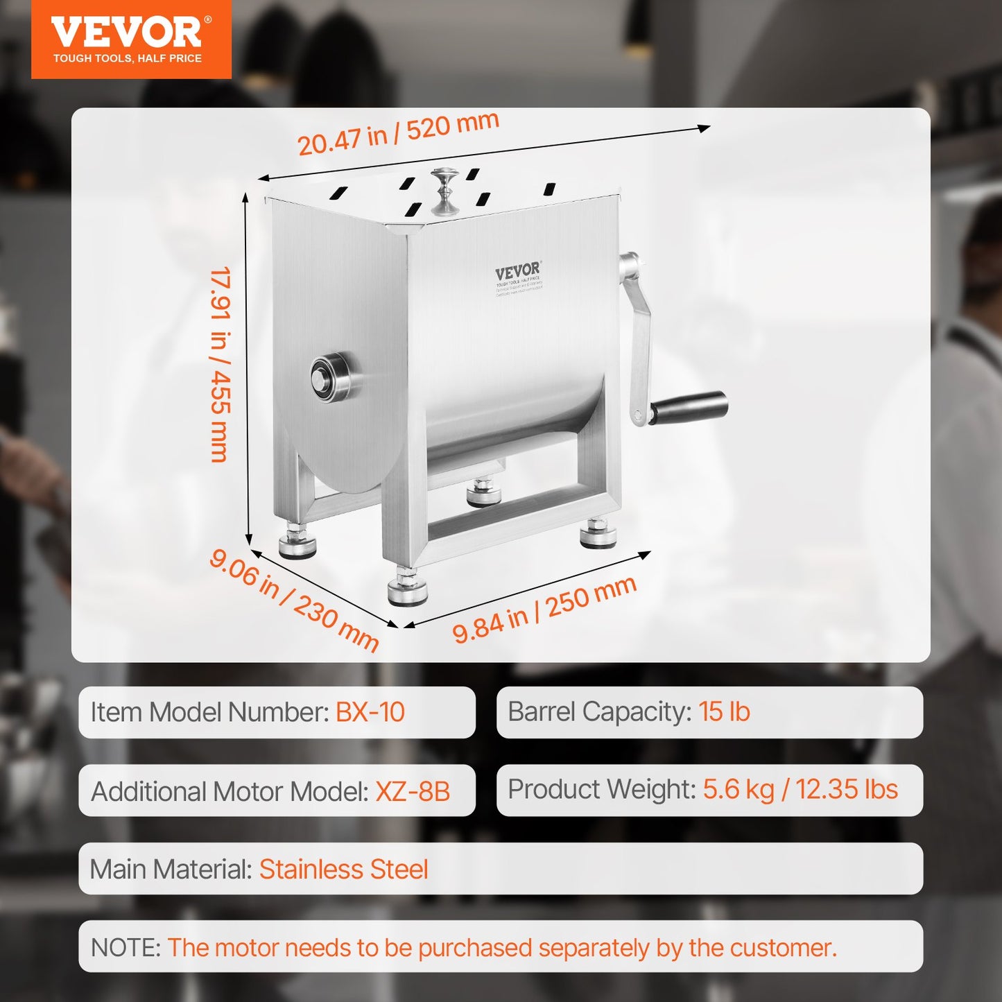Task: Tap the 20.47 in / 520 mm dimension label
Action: (398, 134)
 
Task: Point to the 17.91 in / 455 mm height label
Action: (221, 364)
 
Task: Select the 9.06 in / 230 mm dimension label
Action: (294, 600)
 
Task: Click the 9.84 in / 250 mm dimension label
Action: (544, 609)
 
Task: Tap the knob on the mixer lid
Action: (444, 191)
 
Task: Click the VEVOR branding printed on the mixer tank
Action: (518, 271)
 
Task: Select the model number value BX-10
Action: (370, 712)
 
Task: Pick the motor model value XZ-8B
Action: (413, 791)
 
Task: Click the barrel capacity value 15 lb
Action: (724, 711)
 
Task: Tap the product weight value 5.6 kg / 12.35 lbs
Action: (800, 790)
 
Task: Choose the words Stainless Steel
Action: (343, 870)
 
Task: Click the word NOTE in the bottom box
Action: (126, 947)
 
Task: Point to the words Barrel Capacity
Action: (600, 711)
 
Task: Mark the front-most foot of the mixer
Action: (408, 588)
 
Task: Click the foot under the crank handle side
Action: (598, 533)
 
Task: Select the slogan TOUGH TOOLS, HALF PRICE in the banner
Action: (128, 59)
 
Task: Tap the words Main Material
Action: (171, 870)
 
